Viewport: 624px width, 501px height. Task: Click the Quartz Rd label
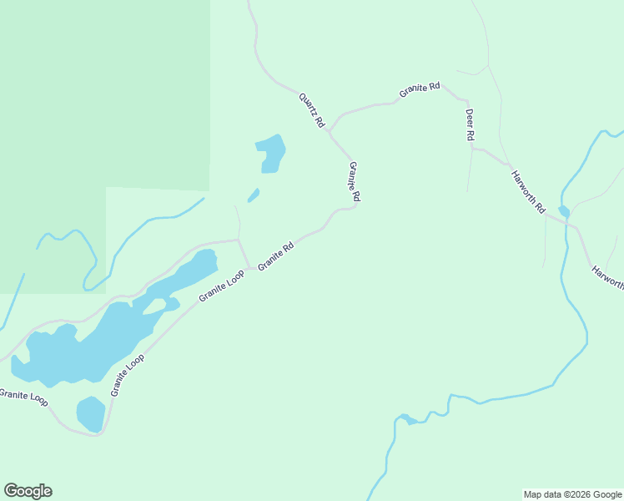click(x=311, y=110)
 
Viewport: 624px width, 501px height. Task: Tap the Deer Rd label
click(x=470, y=124)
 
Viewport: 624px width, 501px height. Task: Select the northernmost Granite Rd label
click(x=419, y=89)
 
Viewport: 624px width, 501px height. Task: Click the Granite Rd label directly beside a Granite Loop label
click(x=276, y=256)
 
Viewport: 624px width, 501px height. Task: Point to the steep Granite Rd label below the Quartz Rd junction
click(x=355, y=181)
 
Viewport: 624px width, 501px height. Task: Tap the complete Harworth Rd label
click(x=528, y=191)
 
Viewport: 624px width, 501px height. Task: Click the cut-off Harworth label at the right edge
click(x=607, y=277)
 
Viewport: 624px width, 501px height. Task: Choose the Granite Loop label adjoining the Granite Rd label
click(x=221, y=286)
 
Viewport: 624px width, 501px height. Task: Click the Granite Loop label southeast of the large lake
click(x=128, y=375)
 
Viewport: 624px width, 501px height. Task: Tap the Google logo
click(x=28, y=491)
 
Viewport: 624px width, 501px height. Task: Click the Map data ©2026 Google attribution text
click(x=572, y=494)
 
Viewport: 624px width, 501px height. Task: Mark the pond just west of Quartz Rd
click(x=271, y=154)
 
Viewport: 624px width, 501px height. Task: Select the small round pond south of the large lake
click(x=91, y=414)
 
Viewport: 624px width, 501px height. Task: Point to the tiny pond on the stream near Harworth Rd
click(x=564, y=211)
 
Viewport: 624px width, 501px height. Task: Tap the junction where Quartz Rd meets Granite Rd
click(x=330, y=131)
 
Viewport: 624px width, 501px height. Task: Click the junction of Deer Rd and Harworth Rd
click(x=472, y=149)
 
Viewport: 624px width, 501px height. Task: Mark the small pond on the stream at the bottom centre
click(x=405, y=418)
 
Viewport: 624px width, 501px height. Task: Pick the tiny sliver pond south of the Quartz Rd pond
click(x=254, y=195)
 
